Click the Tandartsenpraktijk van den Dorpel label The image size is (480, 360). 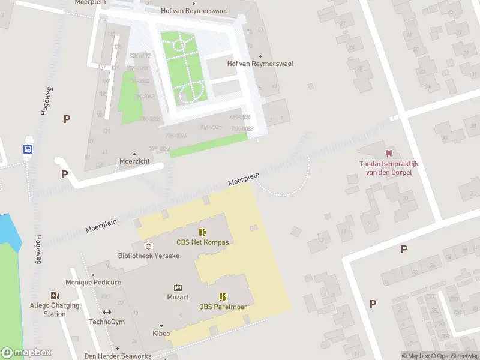(388, 168)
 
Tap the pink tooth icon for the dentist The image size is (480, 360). (388, 154)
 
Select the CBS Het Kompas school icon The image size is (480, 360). (203, 232)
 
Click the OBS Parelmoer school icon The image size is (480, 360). (223, 296)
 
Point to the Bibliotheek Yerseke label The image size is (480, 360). (149, 256)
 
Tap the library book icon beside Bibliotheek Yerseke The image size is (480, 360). (149, 245)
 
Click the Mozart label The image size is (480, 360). (178, 298)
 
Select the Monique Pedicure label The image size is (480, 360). (93, 282)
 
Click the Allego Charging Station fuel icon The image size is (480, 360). (55, 295)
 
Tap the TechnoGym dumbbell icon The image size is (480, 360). (107, 312)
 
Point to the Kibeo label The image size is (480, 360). (161, 333)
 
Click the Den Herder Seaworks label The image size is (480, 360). (118, 356)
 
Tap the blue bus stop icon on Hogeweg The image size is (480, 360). (28, 149)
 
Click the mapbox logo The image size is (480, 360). (26, 353)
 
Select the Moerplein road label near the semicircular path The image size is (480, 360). (244, 179)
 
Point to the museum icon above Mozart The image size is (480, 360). (178, 287)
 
